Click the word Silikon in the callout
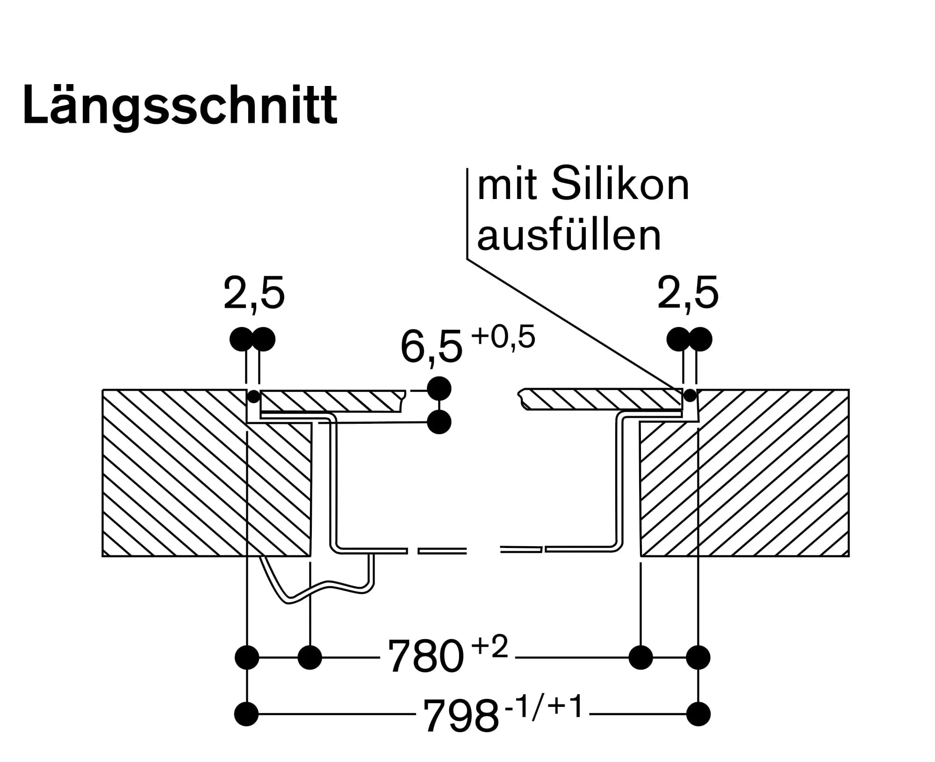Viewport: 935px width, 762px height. pos(620,185)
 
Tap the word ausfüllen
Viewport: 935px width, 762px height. pos(569,236)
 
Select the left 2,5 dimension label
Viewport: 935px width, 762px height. pos(254,294)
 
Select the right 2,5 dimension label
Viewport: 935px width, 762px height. pos(687,294)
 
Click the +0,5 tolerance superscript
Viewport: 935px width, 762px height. pos(503,337)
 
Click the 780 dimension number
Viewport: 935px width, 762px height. pos(425,656)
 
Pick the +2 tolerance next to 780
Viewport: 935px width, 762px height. pos(489,647)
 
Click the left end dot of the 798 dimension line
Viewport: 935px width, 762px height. pos(246,714)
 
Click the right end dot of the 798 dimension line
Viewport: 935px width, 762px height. pos(698,714)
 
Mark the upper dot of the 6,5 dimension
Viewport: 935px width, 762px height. pos(439,388)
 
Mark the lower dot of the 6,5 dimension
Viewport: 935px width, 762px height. pos(439,422)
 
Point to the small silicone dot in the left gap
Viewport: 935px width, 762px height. pos(253,397)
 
